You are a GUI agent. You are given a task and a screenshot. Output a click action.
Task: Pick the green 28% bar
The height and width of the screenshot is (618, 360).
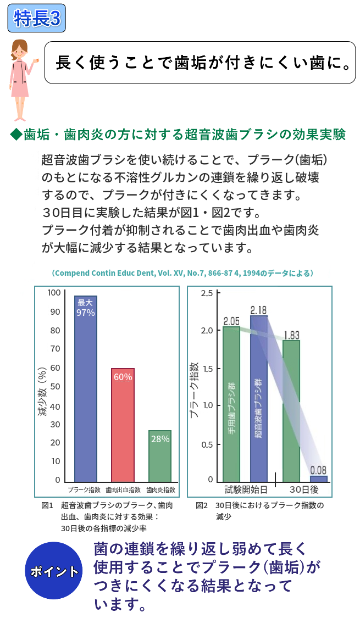tap(160, 455)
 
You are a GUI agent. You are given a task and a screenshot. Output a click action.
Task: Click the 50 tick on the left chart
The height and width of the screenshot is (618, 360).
tap(55, 386)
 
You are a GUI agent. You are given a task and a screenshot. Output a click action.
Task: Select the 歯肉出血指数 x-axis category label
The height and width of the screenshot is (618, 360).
tap(123, 489)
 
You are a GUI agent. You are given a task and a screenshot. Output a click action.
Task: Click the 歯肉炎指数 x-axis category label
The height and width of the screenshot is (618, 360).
tap(161, 489)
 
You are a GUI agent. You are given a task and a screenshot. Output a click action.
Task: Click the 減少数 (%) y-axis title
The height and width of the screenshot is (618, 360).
tap(42, 387)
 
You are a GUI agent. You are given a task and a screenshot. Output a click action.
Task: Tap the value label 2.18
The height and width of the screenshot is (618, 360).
tap(258, 310)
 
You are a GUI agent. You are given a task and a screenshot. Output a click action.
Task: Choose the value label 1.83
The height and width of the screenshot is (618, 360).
tap(291, 335)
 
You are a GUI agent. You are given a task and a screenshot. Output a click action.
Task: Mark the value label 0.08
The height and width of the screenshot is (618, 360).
tap(318, 470)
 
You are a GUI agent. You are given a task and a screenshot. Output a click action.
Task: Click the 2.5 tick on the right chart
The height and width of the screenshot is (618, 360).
tap(207, 293)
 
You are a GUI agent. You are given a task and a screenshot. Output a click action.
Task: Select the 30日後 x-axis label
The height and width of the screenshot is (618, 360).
tap(304, 488)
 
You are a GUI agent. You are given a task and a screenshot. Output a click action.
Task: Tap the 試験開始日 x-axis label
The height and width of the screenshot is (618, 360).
tap(246, 488)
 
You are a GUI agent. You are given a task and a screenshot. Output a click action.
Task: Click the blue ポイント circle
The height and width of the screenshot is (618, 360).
tap(54, 571)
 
